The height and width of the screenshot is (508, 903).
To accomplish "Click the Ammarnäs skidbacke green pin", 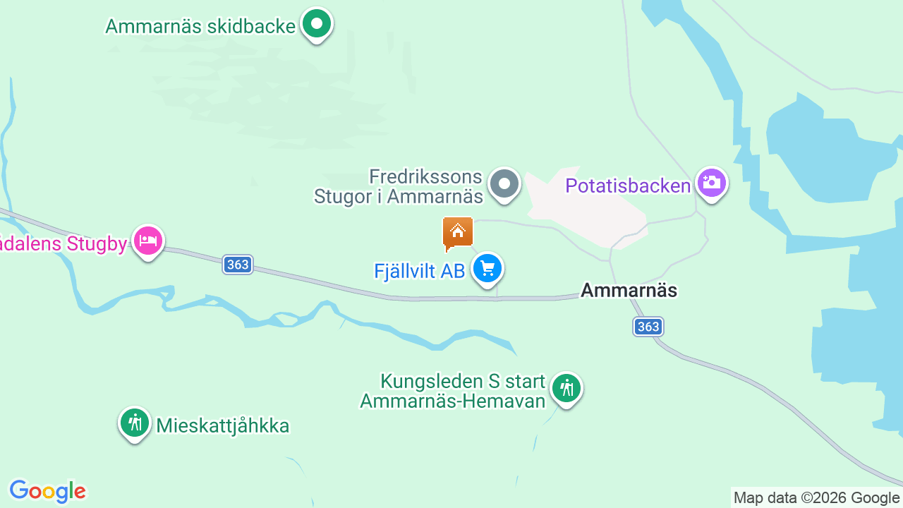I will pos(317,25).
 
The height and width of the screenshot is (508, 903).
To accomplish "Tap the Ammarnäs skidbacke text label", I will pos(200,26).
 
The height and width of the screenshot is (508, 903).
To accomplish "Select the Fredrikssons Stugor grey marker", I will pos(504,184).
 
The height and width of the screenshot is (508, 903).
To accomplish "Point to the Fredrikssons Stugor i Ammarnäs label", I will pos(399,186).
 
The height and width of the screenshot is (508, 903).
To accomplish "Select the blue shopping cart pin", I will pos(487,269).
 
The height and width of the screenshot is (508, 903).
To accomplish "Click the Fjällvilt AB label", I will pos(419,271).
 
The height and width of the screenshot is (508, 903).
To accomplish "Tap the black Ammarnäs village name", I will pos(629,290).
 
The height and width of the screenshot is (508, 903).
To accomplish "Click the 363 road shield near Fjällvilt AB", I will pos(238,265).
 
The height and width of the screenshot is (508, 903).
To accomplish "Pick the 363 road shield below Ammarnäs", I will pos(648,327).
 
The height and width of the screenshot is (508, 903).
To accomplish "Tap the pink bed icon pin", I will pos(148,241).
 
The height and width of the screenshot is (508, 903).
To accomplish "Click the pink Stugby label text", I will pos(63,244).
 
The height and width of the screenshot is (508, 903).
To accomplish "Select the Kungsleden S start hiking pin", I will pos(566,388).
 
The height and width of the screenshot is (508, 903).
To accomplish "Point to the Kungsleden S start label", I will pos(453,392).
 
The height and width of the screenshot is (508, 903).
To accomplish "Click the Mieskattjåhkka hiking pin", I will pos(134,423).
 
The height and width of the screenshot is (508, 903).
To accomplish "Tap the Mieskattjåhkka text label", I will pos(223,426).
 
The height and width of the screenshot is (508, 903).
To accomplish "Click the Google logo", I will pos(47,490).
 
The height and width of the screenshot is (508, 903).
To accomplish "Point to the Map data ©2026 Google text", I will pos(816,498).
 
